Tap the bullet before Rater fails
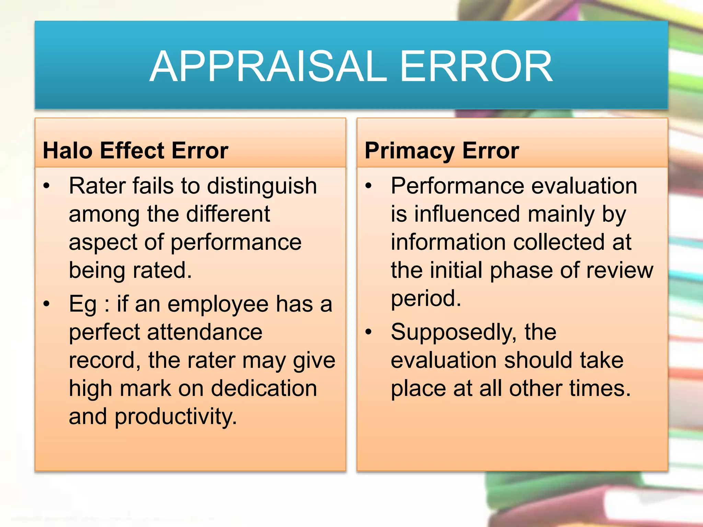[47, 186]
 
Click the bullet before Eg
[47, 304]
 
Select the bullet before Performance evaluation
[369, 186]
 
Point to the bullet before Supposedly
[369, 332]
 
